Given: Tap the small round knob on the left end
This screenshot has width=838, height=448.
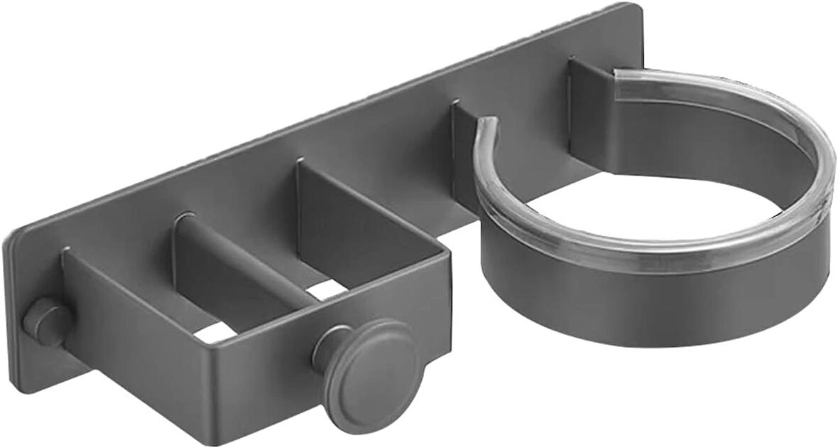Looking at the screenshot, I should pos(44,321).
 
